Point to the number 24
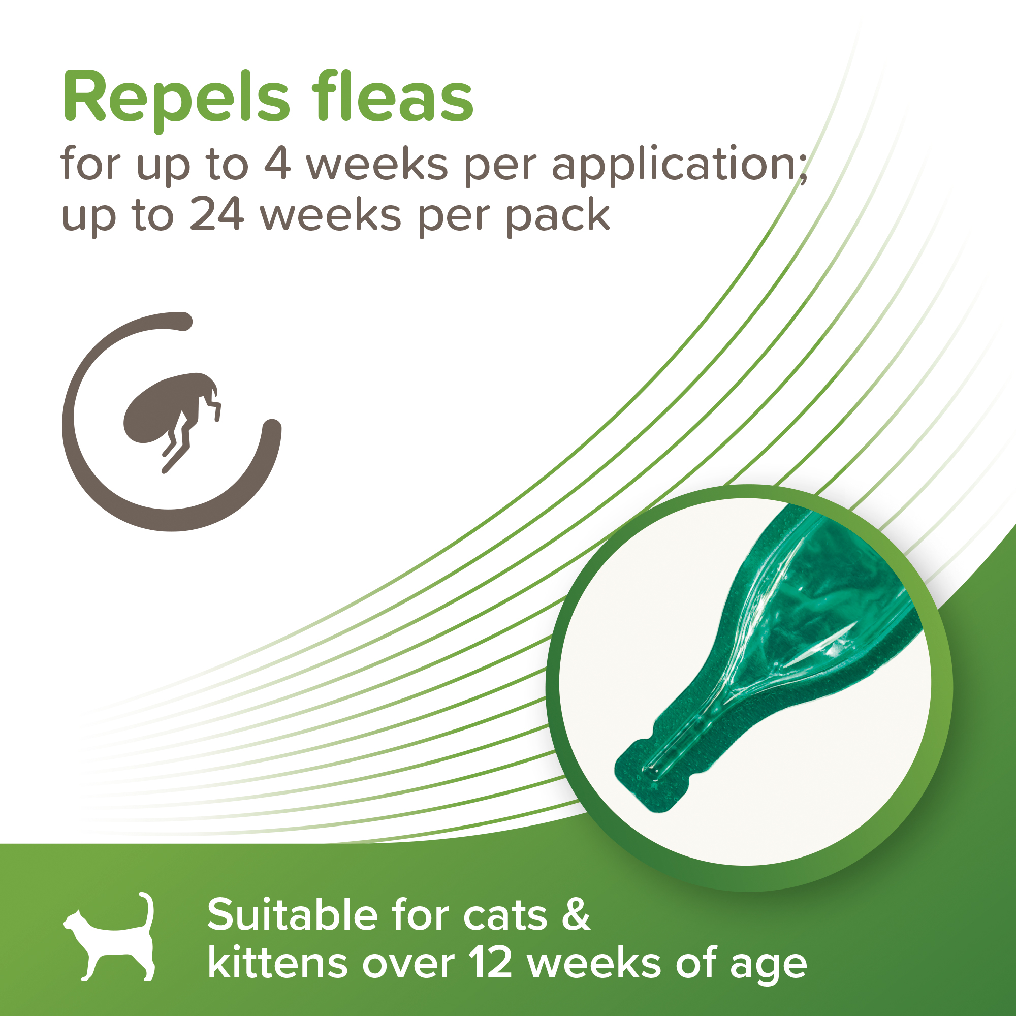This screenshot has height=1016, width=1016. [x=217, y=214]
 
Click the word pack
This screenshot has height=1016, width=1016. [x=558, y=215]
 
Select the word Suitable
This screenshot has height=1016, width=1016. [x=293, y=915]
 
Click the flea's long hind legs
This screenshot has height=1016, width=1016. [x=177, y=447]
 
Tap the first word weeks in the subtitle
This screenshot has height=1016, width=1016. [x=377, y=164]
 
